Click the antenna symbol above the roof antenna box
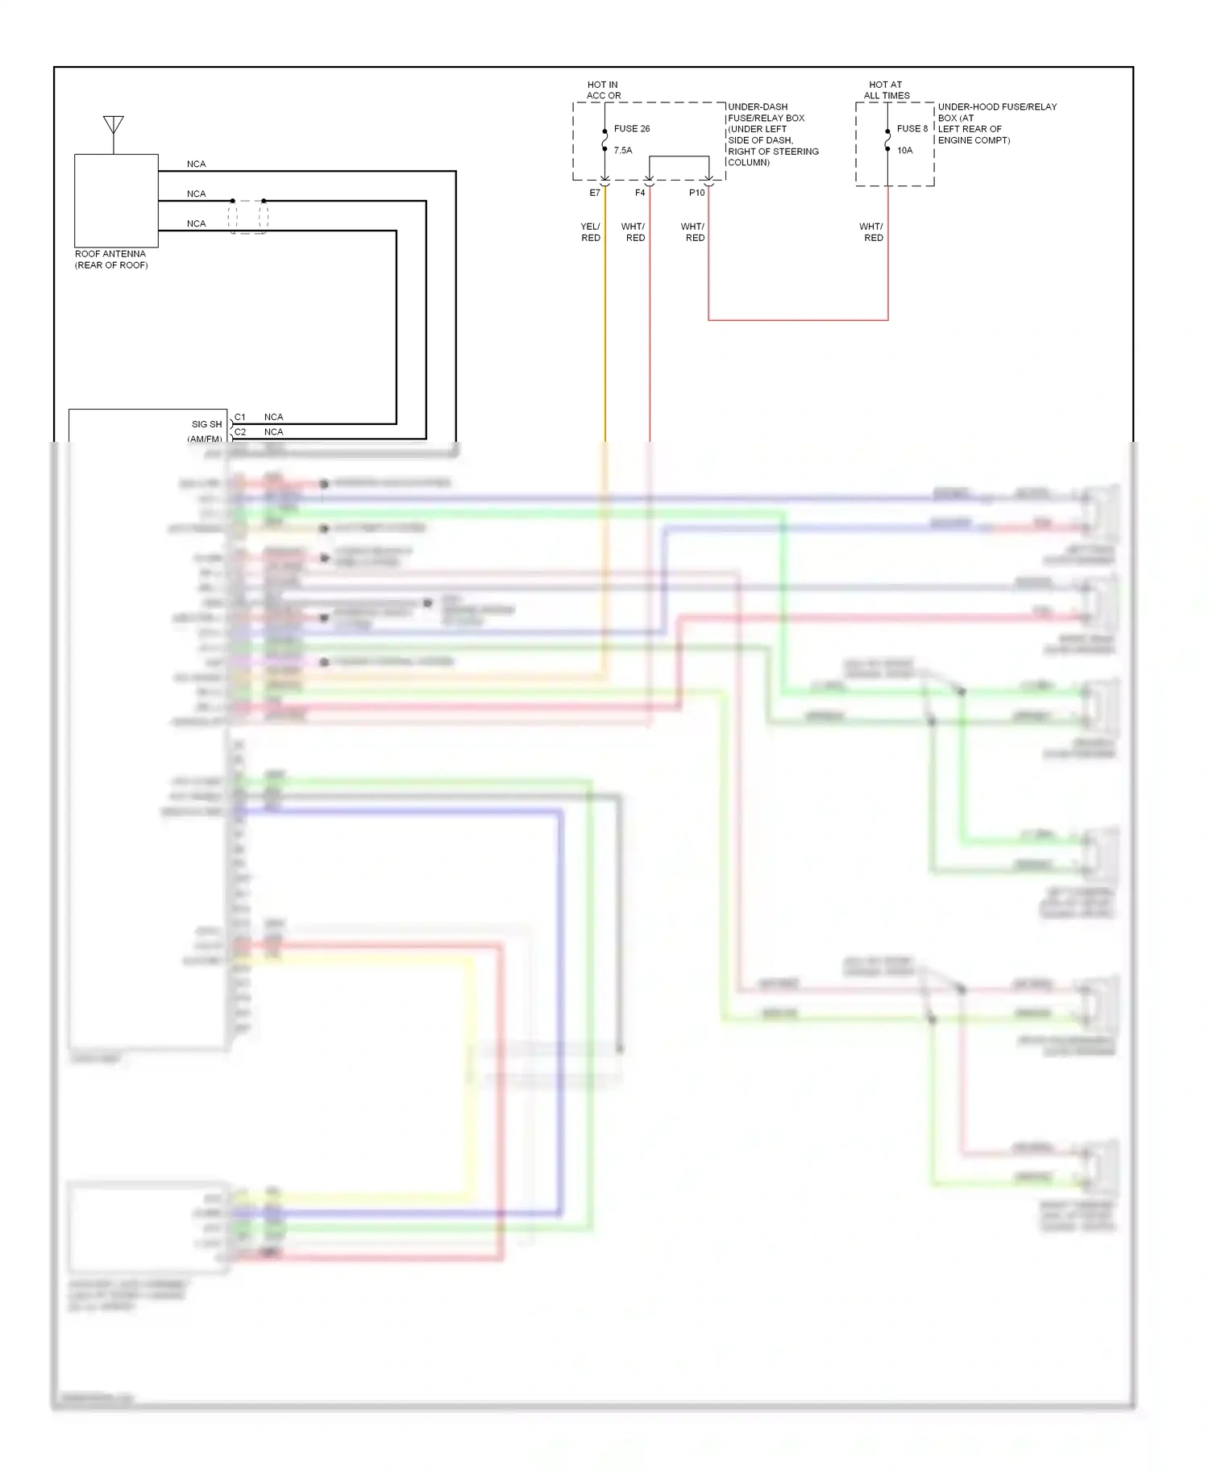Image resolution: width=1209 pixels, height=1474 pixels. (x=113, y=126)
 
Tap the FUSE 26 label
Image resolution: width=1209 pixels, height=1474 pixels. (x=631, y=129)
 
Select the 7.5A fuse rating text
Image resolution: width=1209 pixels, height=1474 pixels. (x=622, y=151)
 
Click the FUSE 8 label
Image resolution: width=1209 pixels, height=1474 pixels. (x=912, y=129)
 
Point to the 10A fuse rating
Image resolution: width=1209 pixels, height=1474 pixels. (x=904, y=151)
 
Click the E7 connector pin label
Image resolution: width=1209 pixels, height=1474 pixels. (x=595, y=194)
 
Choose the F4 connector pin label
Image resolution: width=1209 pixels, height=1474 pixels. (x=640, y=194)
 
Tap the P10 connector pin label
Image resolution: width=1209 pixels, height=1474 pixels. (x=696, y=194)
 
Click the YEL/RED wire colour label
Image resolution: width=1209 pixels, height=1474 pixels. (x=590, y=232)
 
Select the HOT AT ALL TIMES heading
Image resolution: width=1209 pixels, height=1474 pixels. (x=886, y=90)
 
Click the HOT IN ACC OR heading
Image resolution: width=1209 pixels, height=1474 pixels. (x=603, y=90)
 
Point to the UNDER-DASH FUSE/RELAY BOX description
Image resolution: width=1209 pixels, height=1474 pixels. (x=772, y=135)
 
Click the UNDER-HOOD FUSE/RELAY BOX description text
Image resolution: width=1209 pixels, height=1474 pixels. (x=996, y=123)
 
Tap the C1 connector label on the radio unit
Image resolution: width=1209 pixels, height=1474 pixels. (x=240, y=417)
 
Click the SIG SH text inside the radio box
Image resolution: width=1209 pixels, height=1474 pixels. (x=206, y=424)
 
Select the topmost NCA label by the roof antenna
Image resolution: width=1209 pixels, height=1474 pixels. (x=196, y=164)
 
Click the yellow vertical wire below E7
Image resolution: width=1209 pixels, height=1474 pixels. (x=605, y=339)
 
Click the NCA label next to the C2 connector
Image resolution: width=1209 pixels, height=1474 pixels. (x=273, y=432)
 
